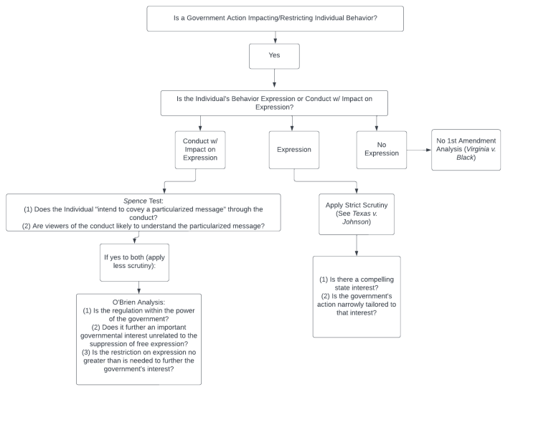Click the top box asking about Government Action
(x=275, y=19)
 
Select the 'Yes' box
(x=274, y=56)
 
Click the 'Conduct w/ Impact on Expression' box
(x=199, y=150)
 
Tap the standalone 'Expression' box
(x=293, y=150)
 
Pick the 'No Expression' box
(x=381, y=150)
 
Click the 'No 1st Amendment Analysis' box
(x=466, y=150)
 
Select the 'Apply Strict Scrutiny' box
(x=356, y=214)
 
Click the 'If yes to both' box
(x=134, y=262)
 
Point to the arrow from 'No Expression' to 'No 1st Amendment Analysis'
(x=418, y=150)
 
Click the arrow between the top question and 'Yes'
(x=275, y=37)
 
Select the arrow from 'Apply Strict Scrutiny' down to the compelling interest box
(x=357, y=245)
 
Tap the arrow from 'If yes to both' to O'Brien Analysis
(x=138, y=287)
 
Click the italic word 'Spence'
(x=135, y=201)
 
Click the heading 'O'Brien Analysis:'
(x=138, y=302)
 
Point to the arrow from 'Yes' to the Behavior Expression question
(x=274, y=79)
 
